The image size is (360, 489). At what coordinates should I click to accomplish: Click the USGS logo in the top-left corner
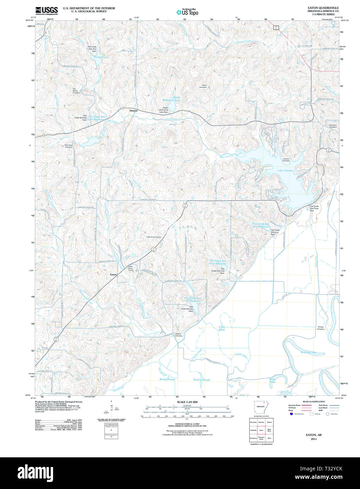click(46, 10)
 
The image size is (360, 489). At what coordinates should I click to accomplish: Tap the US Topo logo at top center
click(187, 12)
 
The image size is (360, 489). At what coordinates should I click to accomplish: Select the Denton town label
click(134, 110)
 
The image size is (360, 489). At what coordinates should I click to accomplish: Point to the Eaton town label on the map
click(114, 274)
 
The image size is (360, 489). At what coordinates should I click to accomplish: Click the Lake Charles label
click(285, 171)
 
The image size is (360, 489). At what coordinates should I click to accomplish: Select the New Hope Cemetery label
click(69, 146)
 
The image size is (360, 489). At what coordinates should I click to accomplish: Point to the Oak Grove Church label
click(154, 237)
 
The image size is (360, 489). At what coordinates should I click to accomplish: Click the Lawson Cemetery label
click(286, 159)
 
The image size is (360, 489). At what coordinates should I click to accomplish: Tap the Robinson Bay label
click(309, 352)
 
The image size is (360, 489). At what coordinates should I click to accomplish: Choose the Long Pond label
click(221, 328)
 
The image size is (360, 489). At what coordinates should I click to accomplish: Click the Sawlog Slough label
click(202, 380)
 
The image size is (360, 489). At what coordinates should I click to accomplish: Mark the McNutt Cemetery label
click(179, 335)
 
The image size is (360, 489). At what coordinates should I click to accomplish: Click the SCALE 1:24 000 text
click(187, 402)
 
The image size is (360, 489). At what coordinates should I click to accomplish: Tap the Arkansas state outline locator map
click(261, 407)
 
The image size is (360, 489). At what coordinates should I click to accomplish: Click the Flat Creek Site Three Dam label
click(314, 208)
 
